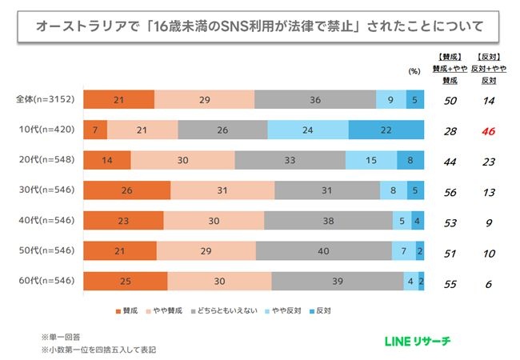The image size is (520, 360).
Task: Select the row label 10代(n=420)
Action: click(x=45, y=130)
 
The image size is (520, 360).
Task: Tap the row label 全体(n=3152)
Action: click(x=45, y=99)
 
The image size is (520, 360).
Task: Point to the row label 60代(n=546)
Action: click(x=45, y=282)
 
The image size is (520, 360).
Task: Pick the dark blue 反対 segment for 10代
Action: click(x=386, y=130)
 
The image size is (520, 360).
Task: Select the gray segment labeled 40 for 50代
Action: click(x=324, y=251)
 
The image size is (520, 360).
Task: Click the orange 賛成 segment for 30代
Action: click(x=127, y=190)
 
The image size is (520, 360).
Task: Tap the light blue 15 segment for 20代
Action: click(x=370, y=160)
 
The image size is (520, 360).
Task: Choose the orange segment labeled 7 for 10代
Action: click(x=95, y=130)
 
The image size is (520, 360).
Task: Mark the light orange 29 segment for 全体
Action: click(x=204, y=99)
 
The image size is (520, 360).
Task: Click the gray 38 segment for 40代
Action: click(x=328, y=221)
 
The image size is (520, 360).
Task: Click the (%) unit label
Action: click(x=414, y=71)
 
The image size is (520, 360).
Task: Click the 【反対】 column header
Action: click(x=487, y=56)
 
